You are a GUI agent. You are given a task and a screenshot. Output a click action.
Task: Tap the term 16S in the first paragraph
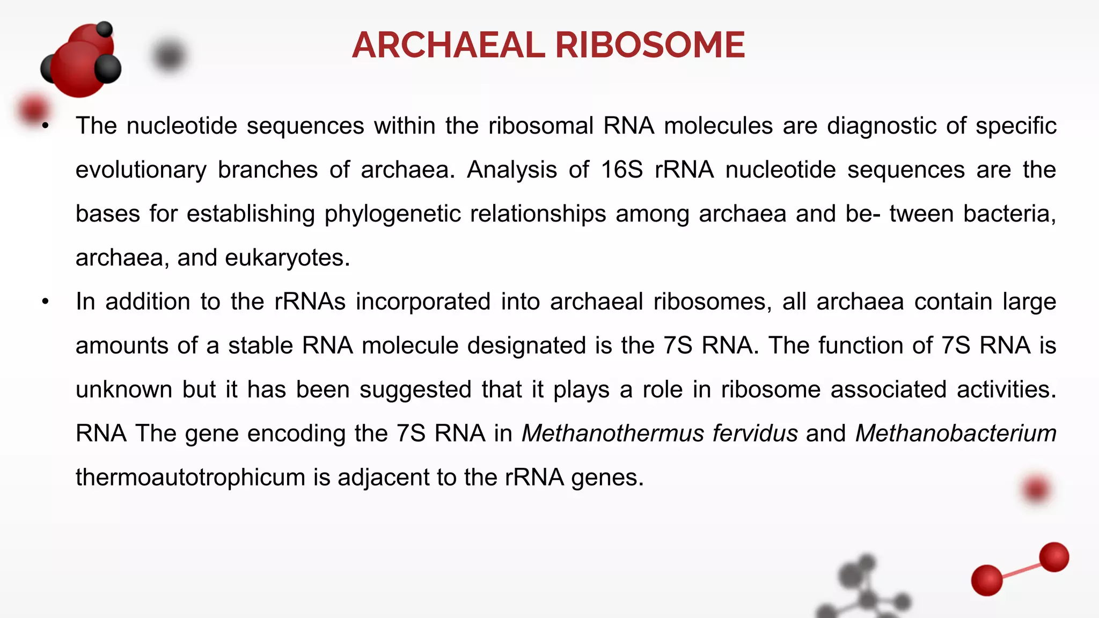pos(621,170)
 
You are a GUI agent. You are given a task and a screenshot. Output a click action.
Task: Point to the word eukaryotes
pos(287,258)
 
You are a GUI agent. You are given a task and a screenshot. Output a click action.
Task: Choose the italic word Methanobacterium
pos(956,433)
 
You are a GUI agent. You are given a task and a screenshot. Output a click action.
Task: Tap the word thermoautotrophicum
pos(190,477)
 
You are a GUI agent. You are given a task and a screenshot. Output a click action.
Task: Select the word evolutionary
pos(141,170)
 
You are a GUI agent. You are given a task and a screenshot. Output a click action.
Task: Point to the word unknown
pos(124,389)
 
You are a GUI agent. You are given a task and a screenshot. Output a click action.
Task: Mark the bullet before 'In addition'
pos(46,302)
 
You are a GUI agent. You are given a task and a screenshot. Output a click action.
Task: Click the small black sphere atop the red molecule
pos(104,29)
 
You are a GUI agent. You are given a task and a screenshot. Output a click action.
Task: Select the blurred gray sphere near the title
pos(169,56)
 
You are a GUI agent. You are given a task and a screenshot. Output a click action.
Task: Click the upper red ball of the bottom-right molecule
pos(1054,557)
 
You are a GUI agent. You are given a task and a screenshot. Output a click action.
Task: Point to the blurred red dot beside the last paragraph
pos(1036,489)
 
